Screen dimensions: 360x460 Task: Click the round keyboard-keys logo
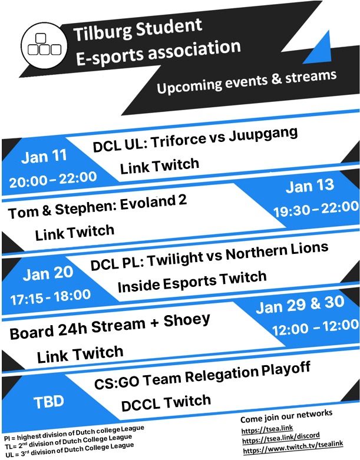tap(44, 45)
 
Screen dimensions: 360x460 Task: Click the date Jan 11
tap(44, 157)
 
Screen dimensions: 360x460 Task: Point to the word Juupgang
tap(263, 134)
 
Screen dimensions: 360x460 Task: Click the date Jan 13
tap(310, 186)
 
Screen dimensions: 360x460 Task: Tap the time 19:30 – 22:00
tap(316, 209)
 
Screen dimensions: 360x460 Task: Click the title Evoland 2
tap(153, 203)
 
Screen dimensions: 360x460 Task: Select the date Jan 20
tap(48, 273)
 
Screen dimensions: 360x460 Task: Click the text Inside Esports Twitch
tap(192, 282)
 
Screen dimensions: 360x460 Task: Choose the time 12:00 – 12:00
tap(316, 327)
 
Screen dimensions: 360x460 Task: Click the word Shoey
tap(187, 320)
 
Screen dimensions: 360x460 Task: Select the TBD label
tap(49, 402)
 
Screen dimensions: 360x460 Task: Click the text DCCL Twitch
tap(166, 402)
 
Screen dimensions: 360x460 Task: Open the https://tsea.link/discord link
tap(281, 438)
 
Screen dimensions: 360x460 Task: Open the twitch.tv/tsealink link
tap(293, 448)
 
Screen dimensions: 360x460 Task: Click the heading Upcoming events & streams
tap(246, 81)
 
